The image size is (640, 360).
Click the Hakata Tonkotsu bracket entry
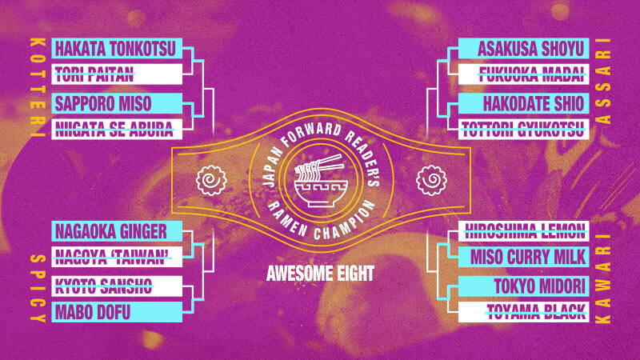(x=117, y=48)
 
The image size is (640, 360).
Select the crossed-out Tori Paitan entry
(x=117, y=74)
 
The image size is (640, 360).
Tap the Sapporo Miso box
(x=117, y=103)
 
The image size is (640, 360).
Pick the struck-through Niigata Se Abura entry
(x=117, y=129)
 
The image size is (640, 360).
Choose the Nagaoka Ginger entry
(x=117, y=231)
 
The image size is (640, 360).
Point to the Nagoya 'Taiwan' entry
(x=117, y=257)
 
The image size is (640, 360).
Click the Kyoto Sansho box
(x=117, y=286)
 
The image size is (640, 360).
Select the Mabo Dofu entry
(x=117, y=312)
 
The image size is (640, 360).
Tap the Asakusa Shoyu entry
(x=524, y=48)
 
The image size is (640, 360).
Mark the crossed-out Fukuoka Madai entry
(x=524, y=74)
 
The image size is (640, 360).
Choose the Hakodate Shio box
(x=524, y=103)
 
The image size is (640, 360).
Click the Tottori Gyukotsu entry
(x=524, y=129)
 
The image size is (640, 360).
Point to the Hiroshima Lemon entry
(x=524, y=231)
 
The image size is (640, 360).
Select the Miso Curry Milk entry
(x=524, y=257)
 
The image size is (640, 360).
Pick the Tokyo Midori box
(x=524, y=286)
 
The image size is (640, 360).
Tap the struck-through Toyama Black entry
(x=524, y=312)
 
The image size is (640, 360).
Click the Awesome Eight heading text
(x=321, y=274)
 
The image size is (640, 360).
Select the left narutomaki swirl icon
(x=211, y=180)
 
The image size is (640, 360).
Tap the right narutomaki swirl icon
(x=431, y=180)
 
